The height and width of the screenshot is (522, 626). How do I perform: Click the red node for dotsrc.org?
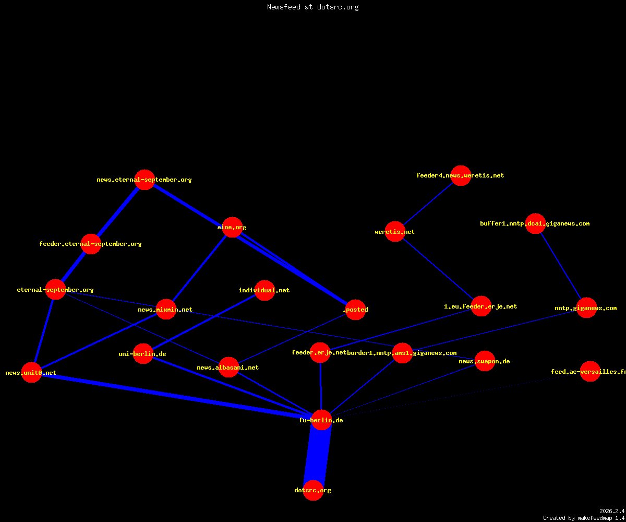pos(313,490)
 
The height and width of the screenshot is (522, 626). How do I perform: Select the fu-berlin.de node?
pos(321,420)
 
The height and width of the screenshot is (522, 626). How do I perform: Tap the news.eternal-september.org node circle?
pos(145,180)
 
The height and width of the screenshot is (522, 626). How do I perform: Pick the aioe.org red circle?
pos(232,227)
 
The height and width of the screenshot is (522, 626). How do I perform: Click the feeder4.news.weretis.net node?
pos(461,175)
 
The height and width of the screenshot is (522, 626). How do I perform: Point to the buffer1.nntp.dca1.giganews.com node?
pos(535,223)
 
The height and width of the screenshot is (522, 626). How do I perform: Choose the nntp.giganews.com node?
pos(587,308)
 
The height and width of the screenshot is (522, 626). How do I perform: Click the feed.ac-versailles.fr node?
pos(590,371)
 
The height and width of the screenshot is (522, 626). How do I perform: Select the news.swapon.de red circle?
pos(485,361)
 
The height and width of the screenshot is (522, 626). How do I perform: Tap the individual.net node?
pos(264,290)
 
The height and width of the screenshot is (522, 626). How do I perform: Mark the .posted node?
pos(356,310)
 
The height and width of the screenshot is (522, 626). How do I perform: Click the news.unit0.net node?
pos(31,372)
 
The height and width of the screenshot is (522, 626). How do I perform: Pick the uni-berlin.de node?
pos(143,354)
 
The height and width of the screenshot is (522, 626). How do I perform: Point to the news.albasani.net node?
pos(229,367)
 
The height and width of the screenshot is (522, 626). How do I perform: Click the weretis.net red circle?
pos(395,231)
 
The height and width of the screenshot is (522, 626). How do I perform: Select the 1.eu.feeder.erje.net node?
pos(481,306)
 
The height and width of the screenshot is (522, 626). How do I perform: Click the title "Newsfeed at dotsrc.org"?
pos(312,7)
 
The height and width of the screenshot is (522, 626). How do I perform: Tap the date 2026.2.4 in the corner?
pos(612,511)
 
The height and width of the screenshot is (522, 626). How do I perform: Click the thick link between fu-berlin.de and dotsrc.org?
pos(317,455)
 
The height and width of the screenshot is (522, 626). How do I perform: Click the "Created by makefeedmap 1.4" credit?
pos(584,518)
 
